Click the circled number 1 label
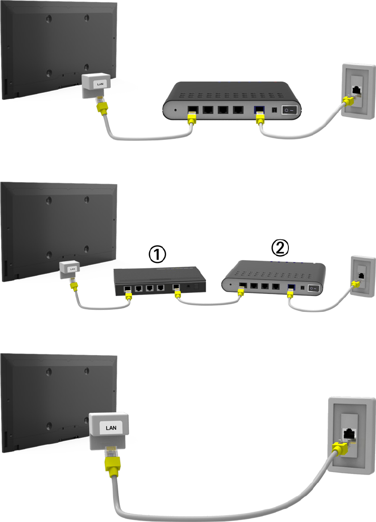click(x=156, y=254)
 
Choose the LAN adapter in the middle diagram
click(x=68, y=268)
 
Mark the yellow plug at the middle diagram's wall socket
click(x=354, y=285)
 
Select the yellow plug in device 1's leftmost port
click(x=127, y=295)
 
